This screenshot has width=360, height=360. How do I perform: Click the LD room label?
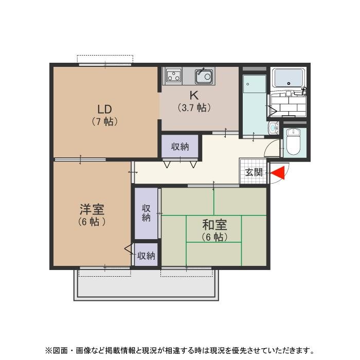tap(105, 109)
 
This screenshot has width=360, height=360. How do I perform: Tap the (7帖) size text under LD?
tap(105, 122)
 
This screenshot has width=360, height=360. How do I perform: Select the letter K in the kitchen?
tap(194, 96)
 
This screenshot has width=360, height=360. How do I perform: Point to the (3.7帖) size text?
tap(194, 108)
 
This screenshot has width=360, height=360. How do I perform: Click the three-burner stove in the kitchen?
tap(173, 76)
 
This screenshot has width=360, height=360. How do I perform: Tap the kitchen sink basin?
tap(204, 77)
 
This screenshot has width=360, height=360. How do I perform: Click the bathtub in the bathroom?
tap(289, 78)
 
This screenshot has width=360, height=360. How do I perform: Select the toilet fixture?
tap(294, 141)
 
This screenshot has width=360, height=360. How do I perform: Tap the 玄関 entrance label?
tap(254, 173)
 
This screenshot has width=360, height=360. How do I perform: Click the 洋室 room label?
tap(92, 209)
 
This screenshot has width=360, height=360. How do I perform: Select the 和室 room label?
tap(214, 225)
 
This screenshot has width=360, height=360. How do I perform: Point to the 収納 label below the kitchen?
tap(180, 147)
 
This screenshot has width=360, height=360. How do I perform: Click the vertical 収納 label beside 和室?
tap(146, 213)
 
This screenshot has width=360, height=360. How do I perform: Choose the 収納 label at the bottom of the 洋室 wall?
tap(146, 255)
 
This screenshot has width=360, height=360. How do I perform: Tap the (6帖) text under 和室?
tap(214, 237)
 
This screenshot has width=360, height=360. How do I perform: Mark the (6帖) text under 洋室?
tap(92, 222)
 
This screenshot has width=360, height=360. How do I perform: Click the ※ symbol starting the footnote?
tap(48, 351)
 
